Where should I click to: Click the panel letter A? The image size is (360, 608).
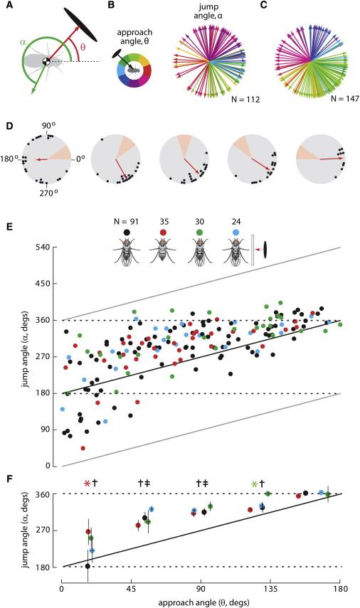6,6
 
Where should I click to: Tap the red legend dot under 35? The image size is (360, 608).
163,233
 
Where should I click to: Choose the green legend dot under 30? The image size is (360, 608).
200,233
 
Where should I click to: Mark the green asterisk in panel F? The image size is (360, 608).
255,484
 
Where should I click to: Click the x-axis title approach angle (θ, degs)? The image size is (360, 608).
201,603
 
